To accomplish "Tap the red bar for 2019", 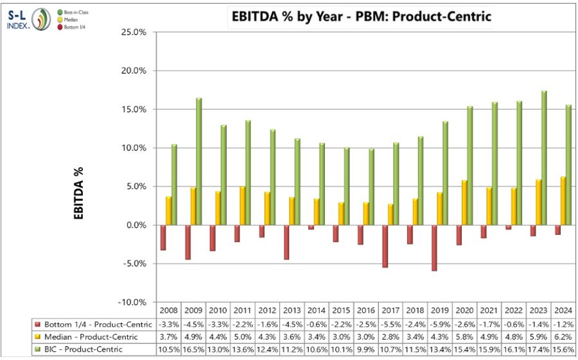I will coord(434,248).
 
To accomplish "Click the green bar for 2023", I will coord(545,158).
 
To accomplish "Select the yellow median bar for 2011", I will coord(243,206).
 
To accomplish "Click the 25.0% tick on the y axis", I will coord(134,32).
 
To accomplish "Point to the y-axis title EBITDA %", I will coord(79,193).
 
